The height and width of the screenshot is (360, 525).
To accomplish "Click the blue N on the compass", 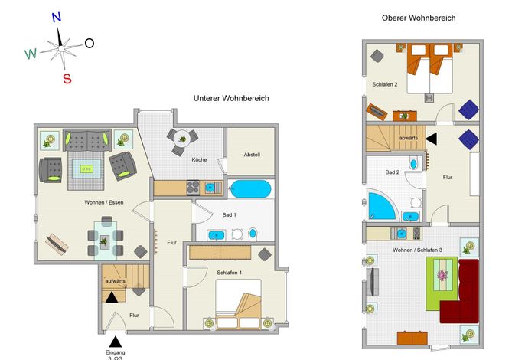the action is (x=57, y=18).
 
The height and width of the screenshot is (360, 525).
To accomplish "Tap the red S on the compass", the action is (x=67, y=79).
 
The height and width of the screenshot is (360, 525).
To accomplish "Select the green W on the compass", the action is (x=31, y=54).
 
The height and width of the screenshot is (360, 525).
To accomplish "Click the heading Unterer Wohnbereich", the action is (x=231, y=98).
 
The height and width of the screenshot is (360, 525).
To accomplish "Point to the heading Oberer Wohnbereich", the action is (x=419, y=18).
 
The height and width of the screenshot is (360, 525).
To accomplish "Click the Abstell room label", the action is (x=252, y=155).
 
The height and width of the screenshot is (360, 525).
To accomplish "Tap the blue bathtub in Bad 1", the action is (x=251, y=189).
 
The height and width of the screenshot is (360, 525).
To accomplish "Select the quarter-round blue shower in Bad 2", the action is (x=382, y=205).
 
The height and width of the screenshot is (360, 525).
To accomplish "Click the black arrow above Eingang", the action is (x=116, y=342).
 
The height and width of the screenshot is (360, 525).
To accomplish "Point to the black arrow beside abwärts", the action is (x=432, y=139).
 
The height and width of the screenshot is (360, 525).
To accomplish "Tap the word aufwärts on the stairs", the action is (x=115, y=281).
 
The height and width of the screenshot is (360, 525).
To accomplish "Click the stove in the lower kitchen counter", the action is (x=193, y=188).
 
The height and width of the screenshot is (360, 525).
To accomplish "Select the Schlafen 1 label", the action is (x=229, y=273).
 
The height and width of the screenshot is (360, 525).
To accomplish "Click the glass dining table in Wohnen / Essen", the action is (x=106, y=241).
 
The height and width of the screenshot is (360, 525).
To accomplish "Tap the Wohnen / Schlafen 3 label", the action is (x=417, y=250).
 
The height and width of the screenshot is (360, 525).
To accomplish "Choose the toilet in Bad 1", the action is (x=253, y=234).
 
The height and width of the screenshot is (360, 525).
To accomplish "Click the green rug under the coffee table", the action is (x=442, y=283).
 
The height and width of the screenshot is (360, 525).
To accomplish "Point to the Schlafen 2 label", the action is (x=385, y=84).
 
